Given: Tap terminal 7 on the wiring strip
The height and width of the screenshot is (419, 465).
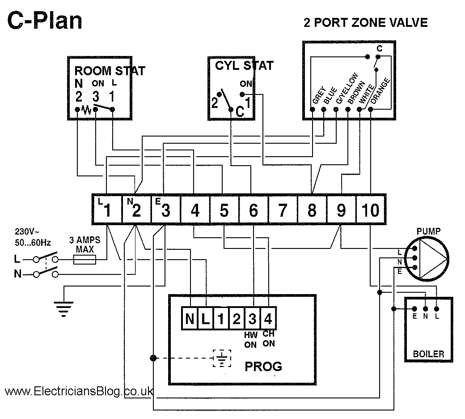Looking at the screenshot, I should pos(282,209).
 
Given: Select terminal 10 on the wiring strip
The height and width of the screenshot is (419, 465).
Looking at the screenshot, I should pos(371,209).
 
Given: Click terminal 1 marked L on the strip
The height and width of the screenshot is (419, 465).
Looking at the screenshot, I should pos(107,209).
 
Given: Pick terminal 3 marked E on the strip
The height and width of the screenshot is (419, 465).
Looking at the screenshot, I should pos(165,209).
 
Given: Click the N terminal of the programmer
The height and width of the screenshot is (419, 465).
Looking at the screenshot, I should pos(190,319).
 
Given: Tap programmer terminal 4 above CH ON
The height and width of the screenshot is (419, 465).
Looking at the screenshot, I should pos(268,319).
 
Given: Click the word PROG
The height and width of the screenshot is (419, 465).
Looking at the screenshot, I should pos(263,367).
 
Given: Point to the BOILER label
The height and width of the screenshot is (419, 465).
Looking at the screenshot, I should pos(428,354).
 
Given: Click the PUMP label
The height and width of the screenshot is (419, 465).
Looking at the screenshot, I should pos(428,231).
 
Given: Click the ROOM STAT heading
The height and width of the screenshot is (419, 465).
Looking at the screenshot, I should pos(109,71).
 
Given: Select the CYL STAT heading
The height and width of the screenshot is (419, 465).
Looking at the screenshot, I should pos(244,66).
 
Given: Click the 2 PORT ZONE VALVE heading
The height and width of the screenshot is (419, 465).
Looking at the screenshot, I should pos(365,22).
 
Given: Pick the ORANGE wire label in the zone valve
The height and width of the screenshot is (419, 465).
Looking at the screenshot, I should pos(380,93).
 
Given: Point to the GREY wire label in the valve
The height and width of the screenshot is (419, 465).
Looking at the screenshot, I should pos(318,95).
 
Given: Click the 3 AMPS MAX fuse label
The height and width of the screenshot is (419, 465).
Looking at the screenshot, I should pos(85,245).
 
